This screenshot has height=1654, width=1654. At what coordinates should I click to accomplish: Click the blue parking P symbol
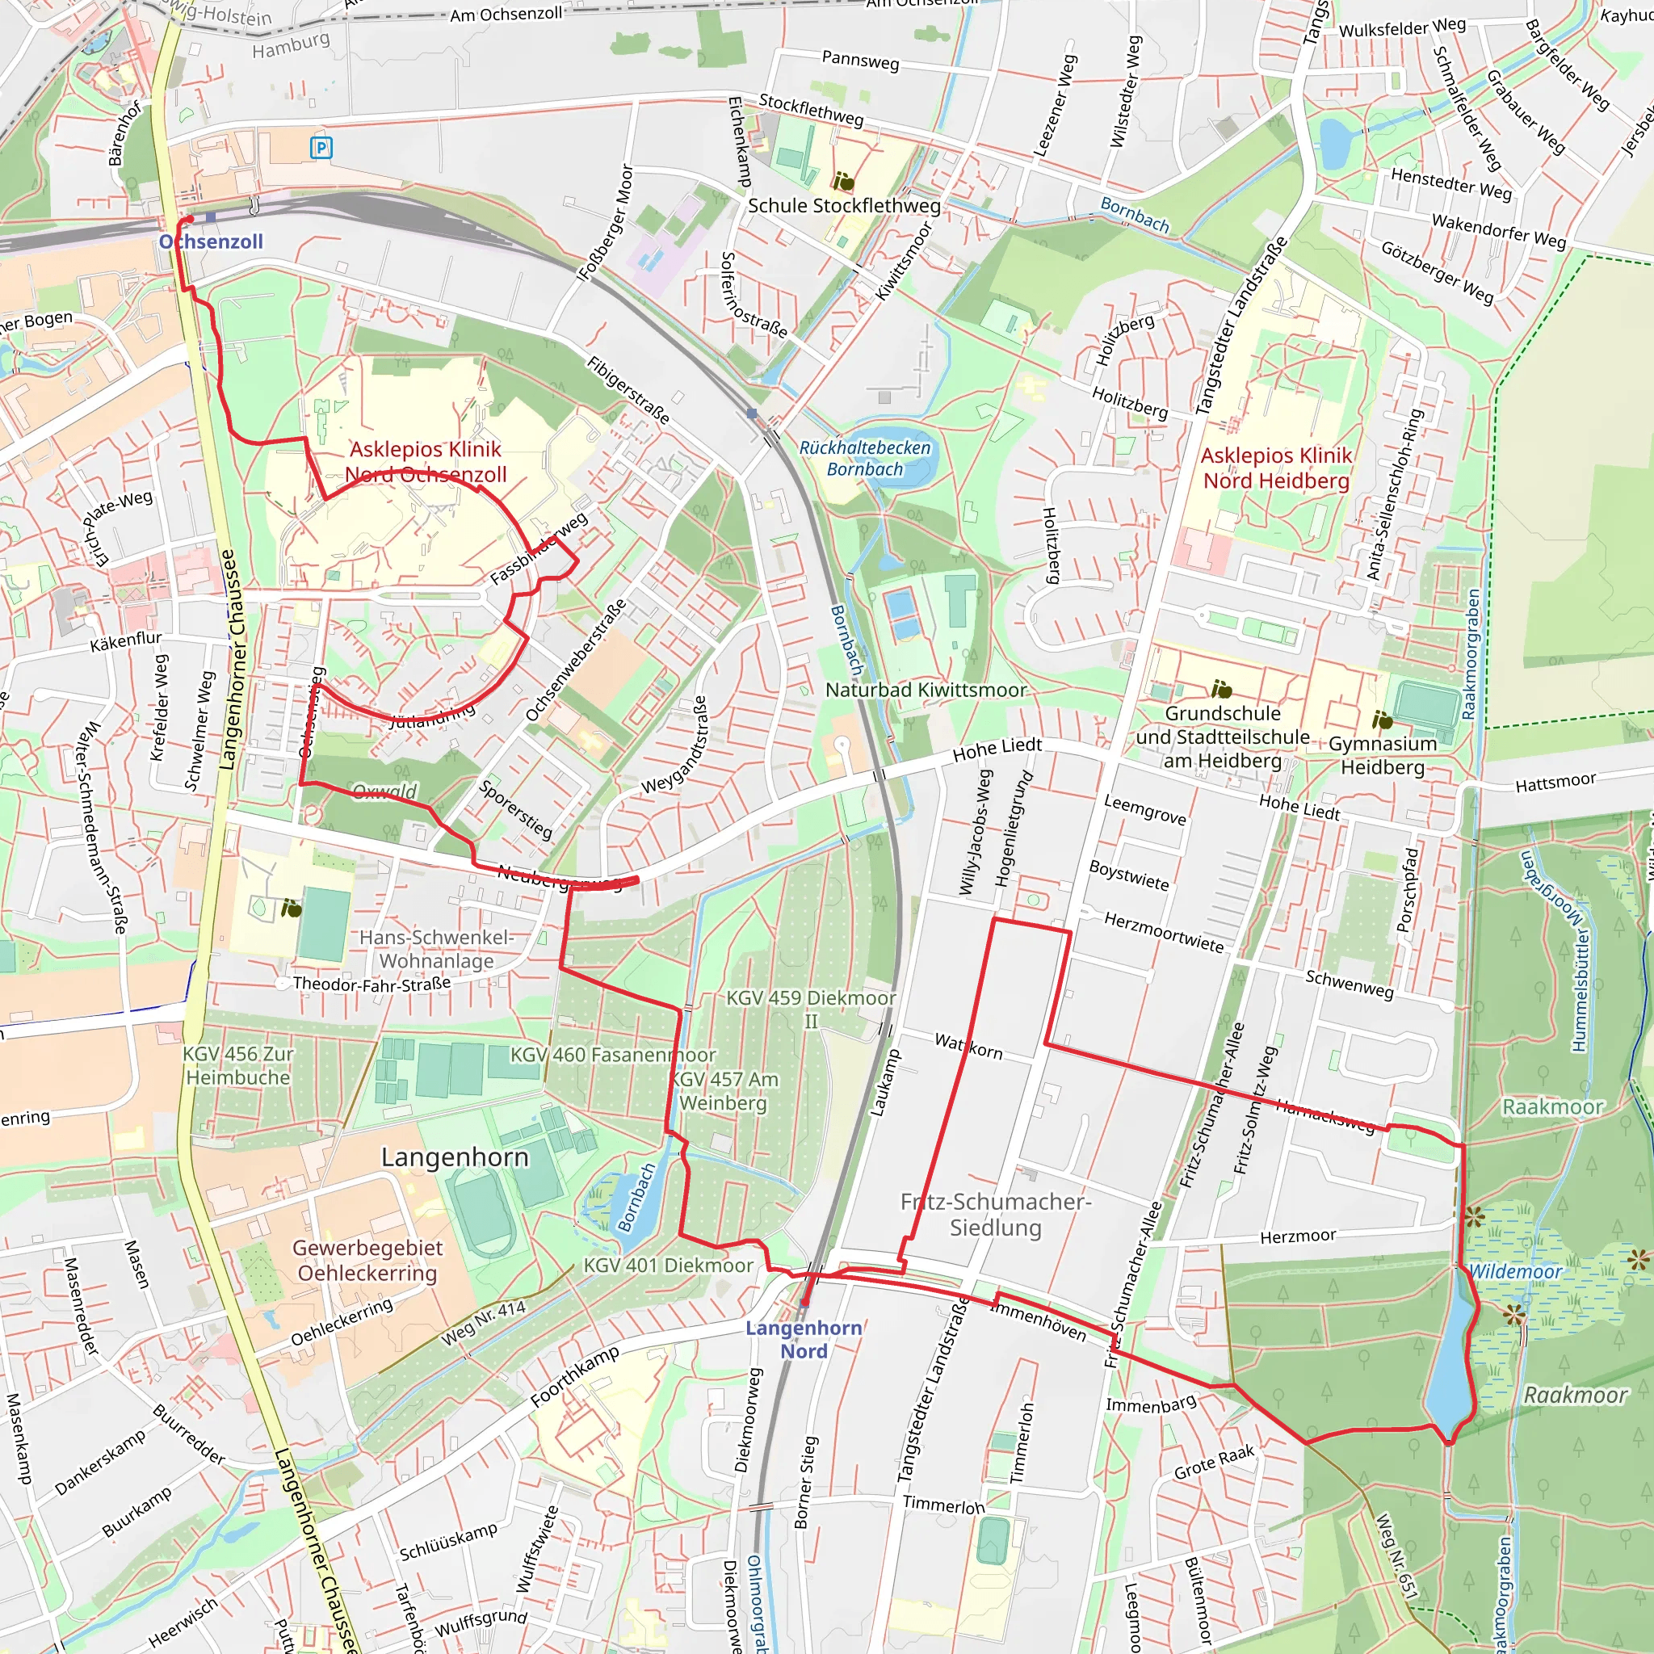[321, 148]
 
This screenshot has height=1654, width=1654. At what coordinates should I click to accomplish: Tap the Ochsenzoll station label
[212, 242]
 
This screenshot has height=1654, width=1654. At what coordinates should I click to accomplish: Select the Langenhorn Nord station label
[803, 1339]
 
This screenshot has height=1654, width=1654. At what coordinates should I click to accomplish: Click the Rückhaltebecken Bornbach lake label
[865, 458]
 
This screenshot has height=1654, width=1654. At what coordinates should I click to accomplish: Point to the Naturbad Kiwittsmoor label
[926, 690]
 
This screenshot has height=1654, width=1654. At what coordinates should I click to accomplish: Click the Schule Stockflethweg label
[844, 205]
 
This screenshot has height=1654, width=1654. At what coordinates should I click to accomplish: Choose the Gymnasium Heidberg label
[1382, 755]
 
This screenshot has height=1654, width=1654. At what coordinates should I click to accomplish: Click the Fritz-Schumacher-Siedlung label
[995, 1215]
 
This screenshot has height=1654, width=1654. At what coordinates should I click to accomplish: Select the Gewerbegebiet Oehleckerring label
[367, 1260]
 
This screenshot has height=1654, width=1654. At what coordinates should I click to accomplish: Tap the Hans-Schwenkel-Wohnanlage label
[437, 949]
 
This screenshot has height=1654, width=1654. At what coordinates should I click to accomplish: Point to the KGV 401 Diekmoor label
[668, 1266]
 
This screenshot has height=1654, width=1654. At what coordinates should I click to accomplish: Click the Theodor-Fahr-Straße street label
[372, 984]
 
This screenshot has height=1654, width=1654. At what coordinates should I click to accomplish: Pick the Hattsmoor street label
[1555, 782]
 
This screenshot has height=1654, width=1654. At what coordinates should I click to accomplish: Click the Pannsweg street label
[860, 60]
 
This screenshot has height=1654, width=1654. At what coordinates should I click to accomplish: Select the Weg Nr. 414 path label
[484, 1323]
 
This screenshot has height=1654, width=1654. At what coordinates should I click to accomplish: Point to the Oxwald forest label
[385, 790]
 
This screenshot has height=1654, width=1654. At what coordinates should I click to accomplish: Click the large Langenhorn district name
[455, 1157]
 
